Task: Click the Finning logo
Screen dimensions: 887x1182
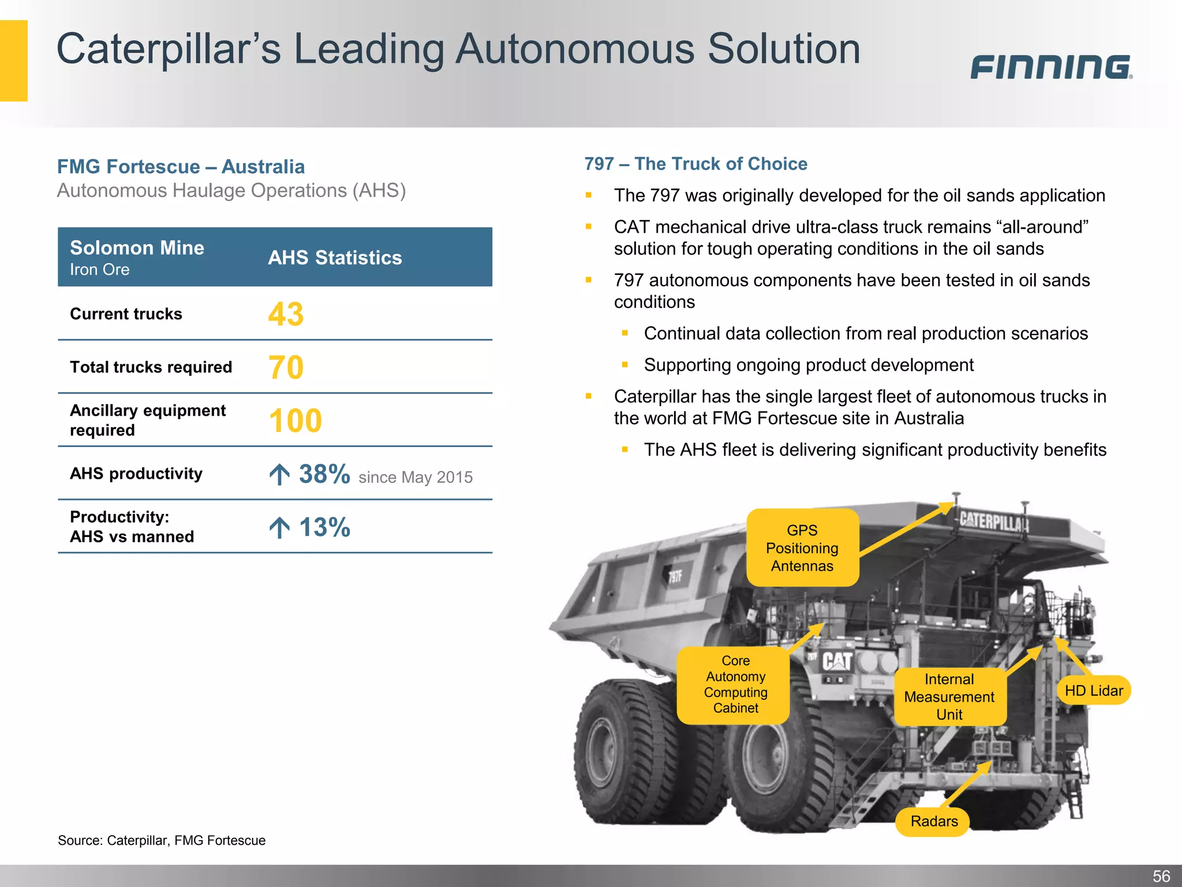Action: [x=1050, y=67]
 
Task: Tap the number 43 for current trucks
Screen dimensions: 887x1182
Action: [x=286, y=314]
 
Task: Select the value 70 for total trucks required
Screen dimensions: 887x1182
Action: [x=286, y=367]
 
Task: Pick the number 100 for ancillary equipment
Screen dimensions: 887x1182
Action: [x=295, y=420]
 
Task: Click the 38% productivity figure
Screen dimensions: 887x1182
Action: [x=324, y=474]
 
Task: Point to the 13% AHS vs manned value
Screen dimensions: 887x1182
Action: [x=324, y=527]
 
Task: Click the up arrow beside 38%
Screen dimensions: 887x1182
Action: [x=279, y=475]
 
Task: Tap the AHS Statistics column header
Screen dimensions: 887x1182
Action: [x=335, y=258]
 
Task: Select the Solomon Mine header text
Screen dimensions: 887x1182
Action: [x=137, y=248]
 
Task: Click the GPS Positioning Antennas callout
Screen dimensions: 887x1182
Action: [x=802, y=547]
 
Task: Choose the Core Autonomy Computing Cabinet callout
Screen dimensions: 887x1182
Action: [x=735, y=684]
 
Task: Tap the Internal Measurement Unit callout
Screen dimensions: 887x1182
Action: [x=949, y=696]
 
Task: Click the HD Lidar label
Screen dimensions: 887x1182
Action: [x=1093, y=690]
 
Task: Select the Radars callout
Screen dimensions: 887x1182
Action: [x=934, y=821]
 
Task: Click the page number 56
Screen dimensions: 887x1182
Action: [x=1161, y=876]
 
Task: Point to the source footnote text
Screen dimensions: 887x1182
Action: [x=162, y=840]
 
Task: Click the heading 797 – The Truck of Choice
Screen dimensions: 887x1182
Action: [x=695, y=164]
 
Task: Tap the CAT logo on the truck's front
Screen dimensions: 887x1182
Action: [x=837, y=661]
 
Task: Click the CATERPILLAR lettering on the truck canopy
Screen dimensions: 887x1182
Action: [x=994, y=522]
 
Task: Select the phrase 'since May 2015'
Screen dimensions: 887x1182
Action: [x=416, y=477]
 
